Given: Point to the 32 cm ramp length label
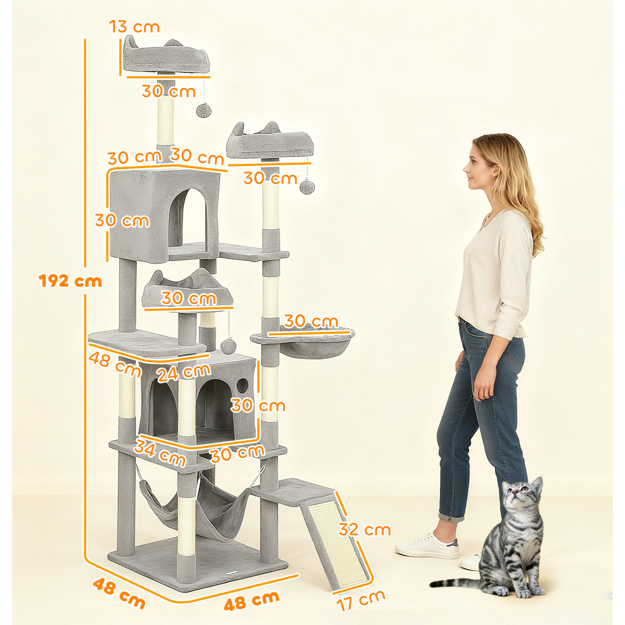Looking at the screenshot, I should coord(365,530).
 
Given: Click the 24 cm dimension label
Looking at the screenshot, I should coord(184,372).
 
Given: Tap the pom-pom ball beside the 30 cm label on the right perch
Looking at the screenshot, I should coord(307,187).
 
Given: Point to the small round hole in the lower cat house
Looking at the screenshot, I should coord(243,385).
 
